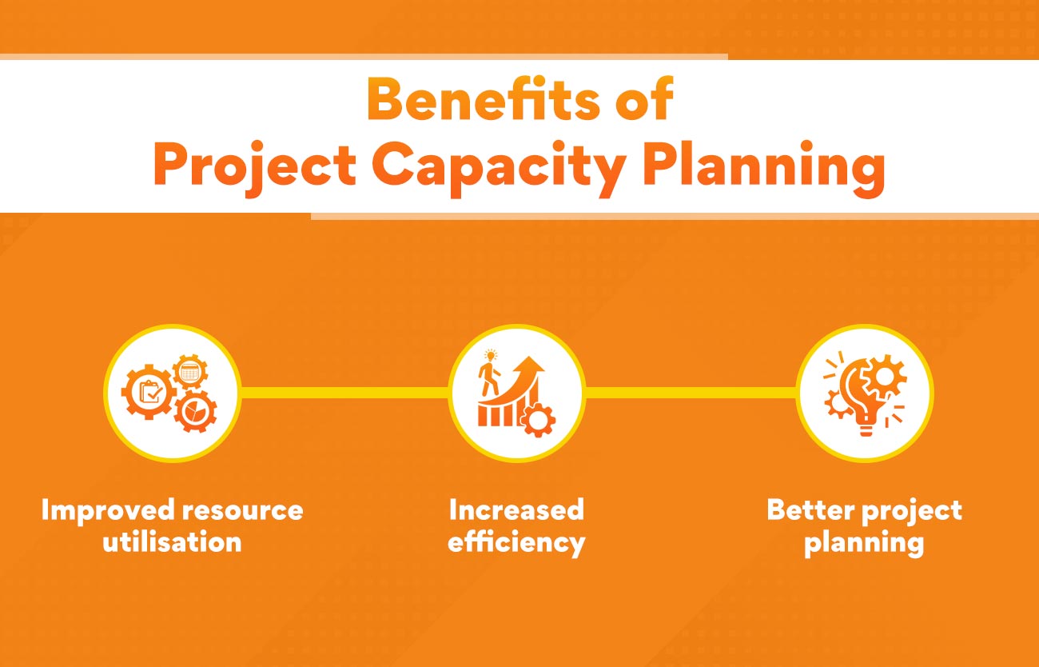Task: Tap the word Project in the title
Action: pos(254,168)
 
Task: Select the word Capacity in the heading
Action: pos(499,168)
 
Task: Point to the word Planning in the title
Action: pos(764,168)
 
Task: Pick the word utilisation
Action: pos(172,541)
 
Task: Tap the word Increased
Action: pos(516,509)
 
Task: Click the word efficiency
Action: pos(516,542)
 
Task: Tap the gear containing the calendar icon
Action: pos(190,372)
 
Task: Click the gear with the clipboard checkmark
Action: pos(149,392)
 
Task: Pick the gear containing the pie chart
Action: pos(195,411)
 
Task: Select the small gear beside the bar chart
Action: pos(538,421)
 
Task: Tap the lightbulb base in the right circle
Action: pos(866,428)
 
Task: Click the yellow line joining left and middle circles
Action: pos(344,393)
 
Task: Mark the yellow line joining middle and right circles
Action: pos(691,393)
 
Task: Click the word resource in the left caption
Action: pos(243,510)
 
